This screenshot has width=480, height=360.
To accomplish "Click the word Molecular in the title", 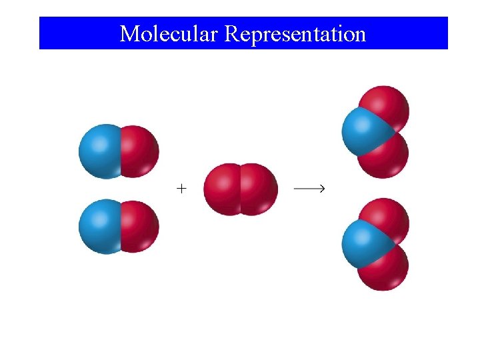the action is (169, 33).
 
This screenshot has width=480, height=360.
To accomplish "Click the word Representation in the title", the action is (295, 33).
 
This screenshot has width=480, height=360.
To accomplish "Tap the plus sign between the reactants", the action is (181, 189).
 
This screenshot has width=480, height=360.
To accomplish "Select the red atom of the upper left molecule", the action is (140, 151).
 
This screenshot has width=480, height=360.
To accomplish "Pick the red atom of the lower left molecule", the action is (140, 227).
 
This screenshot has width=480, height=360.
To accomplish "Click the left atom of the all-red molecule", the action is (221, 189).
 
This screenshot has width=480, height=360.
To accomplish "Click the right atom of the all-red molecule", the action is (259, 189).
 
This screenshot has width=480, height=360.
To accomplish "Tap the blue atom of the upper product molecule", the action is (360, 131).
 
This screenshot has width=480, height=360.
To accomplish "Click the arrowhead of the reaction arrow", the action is (321, 189).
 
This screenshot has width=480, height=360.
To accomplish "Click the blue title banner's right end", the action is (443, 33).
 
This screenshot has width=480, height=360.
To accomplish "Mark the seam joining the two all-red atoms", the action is (240, 189).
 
